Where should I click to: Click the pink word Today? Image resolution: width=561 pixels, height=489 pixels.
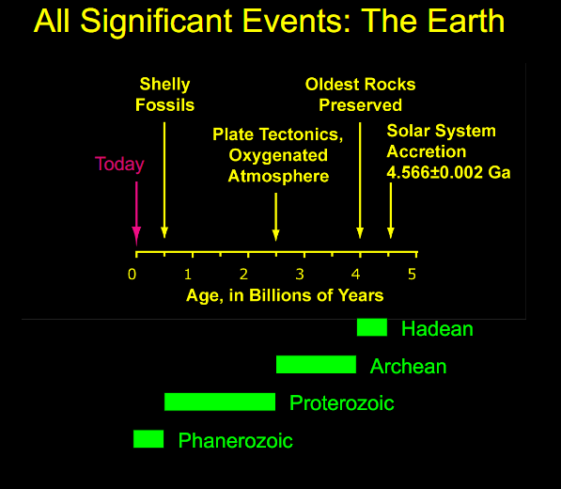[x=119, y=165]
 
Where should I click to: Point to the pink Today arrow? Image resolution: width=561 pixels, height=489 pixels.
[x=136, y=213]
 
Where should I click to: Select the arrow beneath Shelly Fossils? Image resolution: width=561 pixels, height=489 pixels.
[x=164, y=180]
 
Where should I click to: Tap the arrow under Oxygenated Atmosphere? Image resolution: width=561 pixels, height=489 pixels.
[x=276, y=216]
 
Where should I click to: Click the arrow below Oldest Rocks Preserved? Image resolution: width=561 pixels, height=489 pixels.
[x=360, y=181]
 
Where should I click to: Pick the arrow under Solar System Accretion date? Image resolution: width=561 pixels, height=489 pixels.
[x=391, y=211]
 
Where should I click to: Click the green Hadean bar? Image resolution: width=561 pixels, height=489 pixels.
[x=372, y=327]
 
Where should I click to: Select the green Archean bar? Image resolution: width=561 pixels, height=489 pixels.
[x=317, y=365]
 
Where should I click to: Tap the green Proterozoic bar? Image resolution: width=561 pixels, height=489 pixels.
[x=220, y=402]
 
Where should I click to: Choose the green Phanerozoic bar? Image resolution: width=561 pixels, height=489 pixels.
[x=148, y=439]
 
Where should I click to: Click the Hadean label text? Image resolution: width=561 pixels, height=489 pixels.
[x=437, y=328]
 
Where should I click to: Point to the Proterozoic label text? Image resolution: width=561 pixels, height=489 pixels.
[x=342, y=403]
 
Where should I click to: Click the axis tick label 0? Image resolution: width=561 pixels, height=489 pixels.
[x=132, y=275]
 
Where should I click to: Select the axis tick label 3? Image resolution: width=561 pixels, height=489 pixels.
[x=300, y=275]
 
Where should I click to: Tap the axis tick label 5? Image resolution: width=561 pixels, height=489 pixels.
[x=413, y=275]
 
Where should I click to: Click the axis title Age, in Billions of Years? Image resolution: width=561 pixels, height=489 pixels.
[x=285, y=295]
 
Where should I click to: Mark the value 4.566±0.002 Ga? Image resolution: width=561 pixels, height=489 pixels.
[x=448, y=172]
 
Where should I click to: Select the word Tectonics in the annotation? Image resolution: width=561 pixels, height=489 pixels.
[x=301, y=134]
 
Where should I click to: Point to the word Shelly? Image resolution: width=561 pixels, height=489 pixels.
[x=164, y=85]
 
